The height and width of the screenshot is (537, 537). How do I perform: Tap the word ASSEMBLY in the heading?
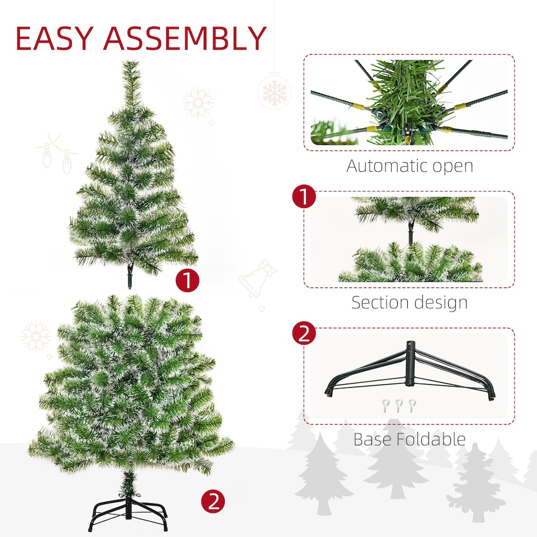pyautogui.click(x=185, y=39)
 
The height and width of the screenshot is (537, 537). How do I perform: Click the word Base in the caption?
pyautogui.click(x=372, y=439)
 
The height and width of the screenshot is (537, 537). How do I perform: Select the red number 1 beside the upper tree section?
pyautogui.click(x=188, y=281)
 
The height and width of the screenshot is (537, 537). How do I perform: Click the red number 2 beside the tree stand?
pyautogui.click(x=213, y=501)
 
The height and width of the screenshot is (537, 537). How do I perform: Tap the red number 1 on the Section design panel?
pyautogui.click(x=304, y=197)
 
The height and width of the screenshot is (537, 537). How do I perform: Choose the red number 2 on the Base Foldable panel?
pyautogui.click(x=304, y=335)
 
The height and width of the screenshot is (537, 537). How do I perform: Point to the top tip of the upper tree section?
pyautogui.click(x=131, y=63)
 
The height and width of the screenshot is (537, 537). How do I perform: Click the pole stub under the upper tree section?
pyautogui.click(x=130, y=277)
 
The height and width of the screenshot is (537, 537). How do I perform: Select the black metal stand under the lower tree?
pyautogui.click(x=128, y=512)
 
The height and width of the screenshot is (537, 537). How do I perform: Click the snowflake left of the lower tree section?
pyautogui.click(x=36, y=336)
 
